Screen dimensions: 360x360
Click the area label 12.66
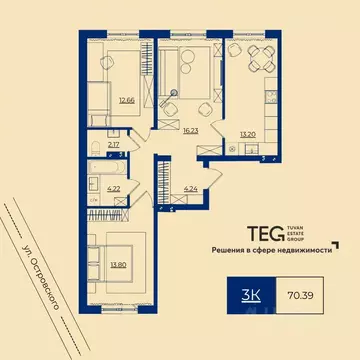click(126, 100)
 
